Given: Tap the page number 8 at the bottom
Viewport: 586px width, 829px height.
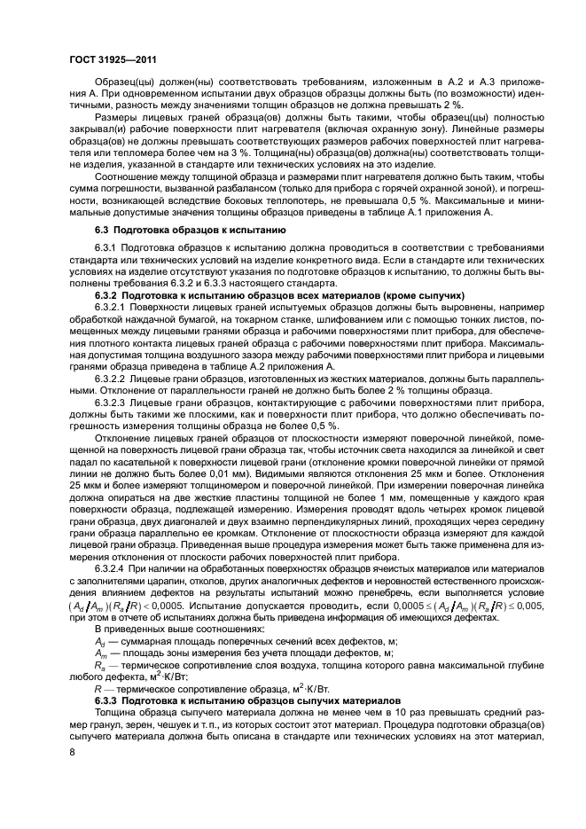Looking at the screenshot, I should click(x=72, y=753).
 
